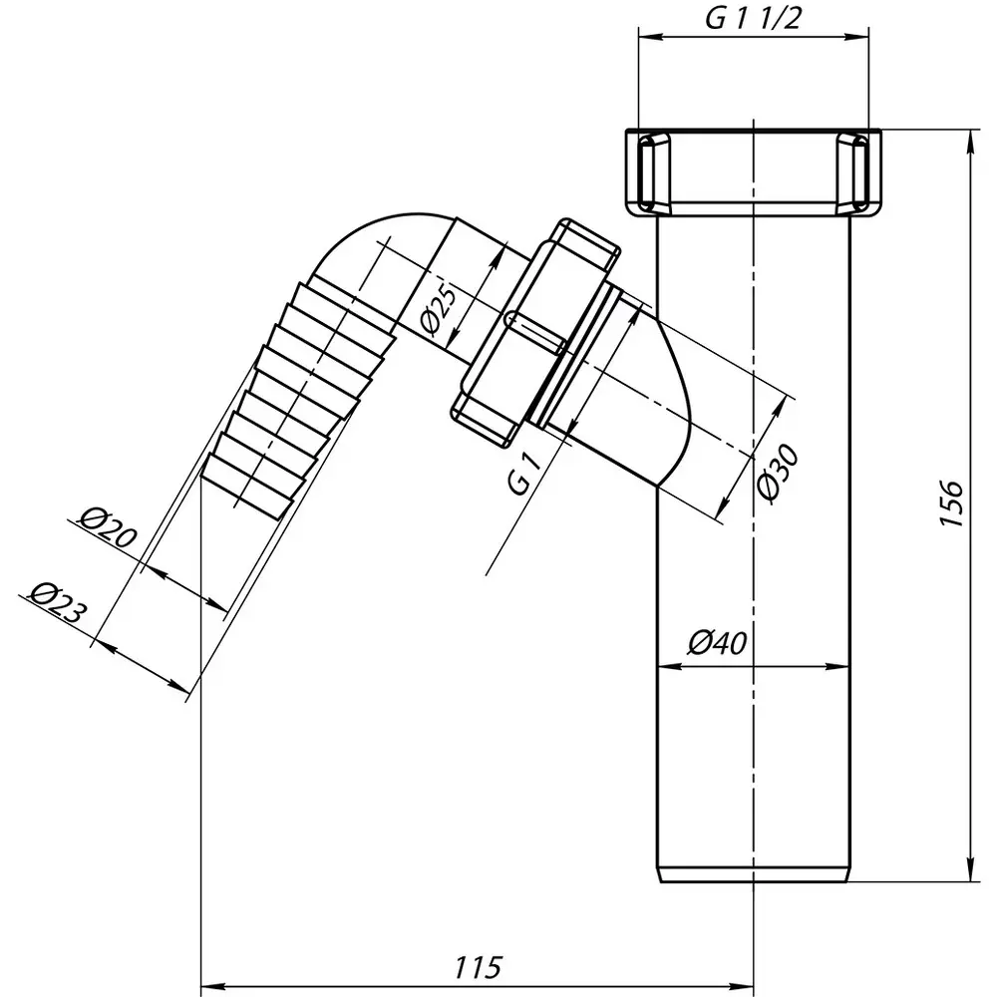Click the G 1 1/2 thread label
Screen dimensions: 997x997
[x=752, y=19]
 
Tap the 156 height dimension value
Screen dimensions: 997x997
[x=952, y=503]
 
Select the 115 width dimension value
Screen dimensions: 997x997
[x=478, y=967]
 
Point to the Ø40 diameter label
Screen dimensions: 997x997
[x=717, y=643]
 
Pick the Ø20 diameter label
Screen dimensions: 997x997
[x=108, y=527]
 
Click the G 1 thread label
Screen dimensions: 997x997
[x=525, y=472]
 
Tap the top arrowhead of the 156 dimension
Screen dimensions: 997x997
[x=970, y=142]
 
